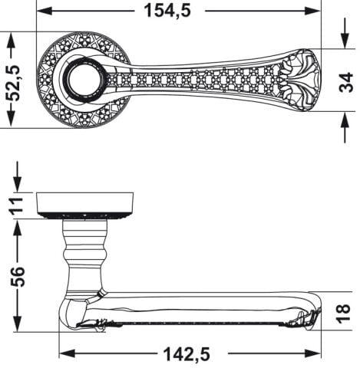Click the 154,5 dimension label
167,11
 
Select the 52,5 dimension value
12,83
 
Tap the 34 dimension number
345,82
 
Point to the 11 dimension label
17,205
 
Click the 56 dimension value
18,277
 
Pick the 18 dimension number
344,314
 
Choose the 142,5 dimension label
187,354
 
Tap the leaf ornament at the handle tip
300,80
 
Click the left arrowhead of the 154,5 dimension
45,11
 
